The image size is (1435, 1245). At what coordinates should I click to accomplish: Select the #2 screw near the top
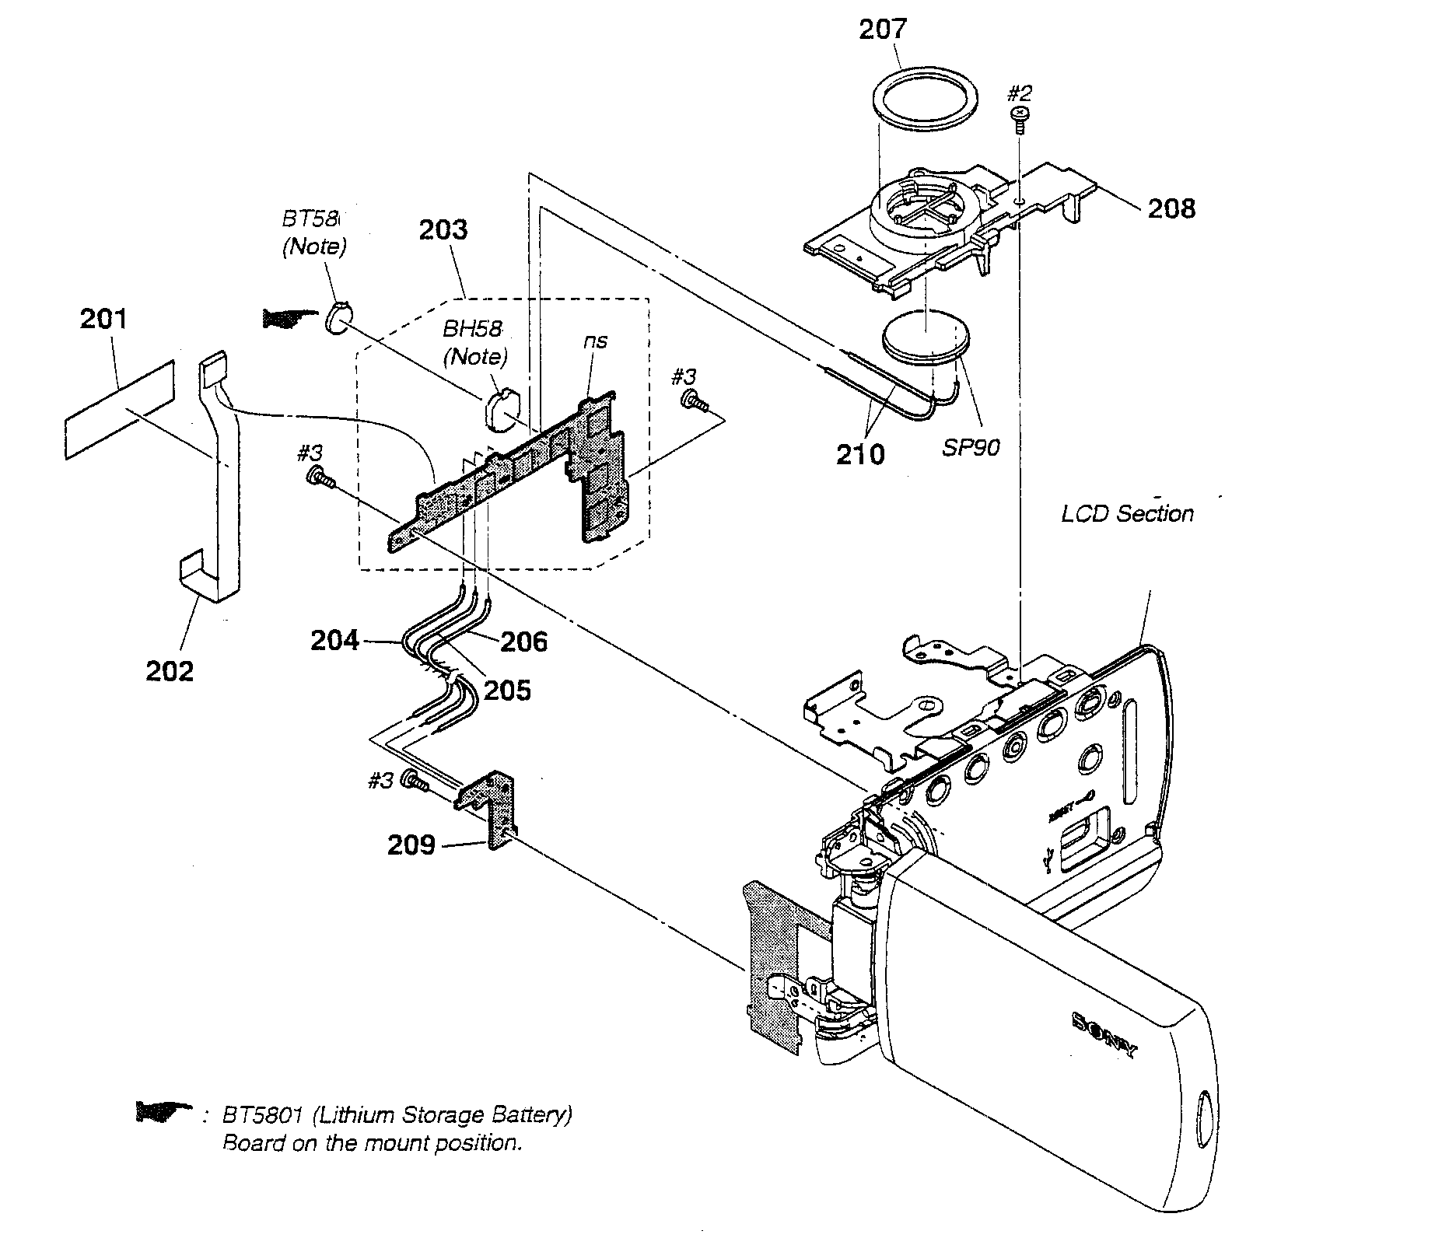point(1018,117)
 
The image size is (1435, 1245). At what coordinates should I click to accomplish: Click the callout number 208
point(1171,208)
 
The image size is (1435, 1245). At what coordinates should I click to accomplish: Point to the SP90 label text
point(971,448)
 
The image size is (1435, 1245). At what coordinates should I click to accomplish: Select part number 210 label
point(860,454)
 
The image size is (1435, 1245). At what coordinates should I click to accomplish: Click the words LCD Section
point(1127,514)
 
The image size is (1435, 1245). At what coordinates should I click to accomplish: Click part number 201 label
point(103,319)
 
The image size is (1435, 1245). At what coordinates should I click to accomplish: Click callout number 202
point(170,670)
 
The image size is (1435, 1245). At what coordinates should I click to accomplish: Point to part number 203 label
point(443,229)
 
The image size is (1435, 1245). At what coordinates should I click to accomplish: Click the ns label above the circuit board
point(596,341)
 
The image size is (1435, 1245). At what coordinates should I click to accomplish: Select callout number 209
point(411,844)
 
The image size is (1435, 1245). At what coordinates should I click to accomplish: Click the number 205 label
point(507,690)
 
